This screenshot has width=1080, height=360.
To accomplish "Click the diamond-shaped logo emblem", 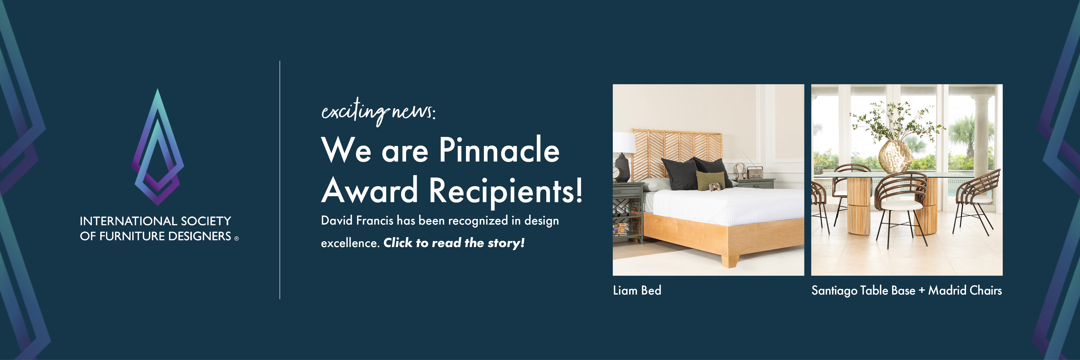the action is point(158,147).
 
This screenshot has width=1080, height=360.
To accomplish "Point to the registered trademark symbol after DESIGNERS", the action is point(237,238).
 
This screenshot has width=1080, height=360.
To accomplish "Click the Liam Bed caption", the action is point(637,290).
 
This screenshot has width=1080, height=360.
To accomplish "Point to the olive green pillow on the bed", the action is point(710,180).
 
